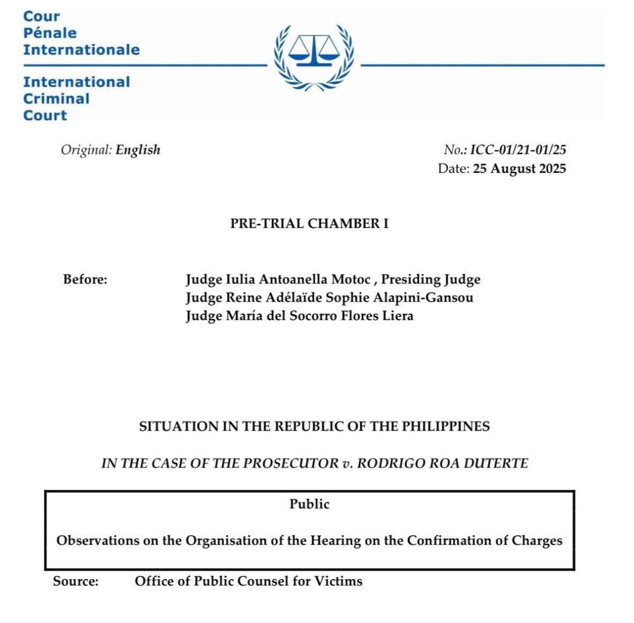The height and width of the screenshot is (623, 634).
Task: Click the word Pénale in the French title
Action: (50, 33)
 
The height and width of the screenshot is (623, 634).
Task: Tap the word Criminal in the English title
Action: (56, 99)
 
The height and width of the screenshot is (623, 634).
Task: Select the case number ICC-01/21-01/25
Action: (517, 150)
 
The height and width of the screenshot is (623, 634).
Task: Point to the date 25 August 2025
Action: (519, 168)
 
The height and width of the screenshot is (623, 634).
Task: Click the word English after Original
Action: (138, 150)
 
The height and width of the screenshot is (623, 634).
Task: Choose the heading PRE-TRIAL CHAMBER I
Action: (309, 223)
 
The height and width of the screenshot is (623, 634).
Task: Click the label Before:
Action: (85, 280)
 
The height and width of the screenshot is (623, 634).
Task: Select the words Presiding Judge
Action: (430, 280)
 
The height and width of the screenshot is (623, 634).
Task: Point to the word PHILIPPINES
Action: (445, 426)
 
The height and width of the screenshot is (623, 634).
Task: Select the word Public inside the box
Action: (309, 504)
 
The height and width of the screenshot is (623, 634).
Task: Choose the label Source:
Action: (76, 581)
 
